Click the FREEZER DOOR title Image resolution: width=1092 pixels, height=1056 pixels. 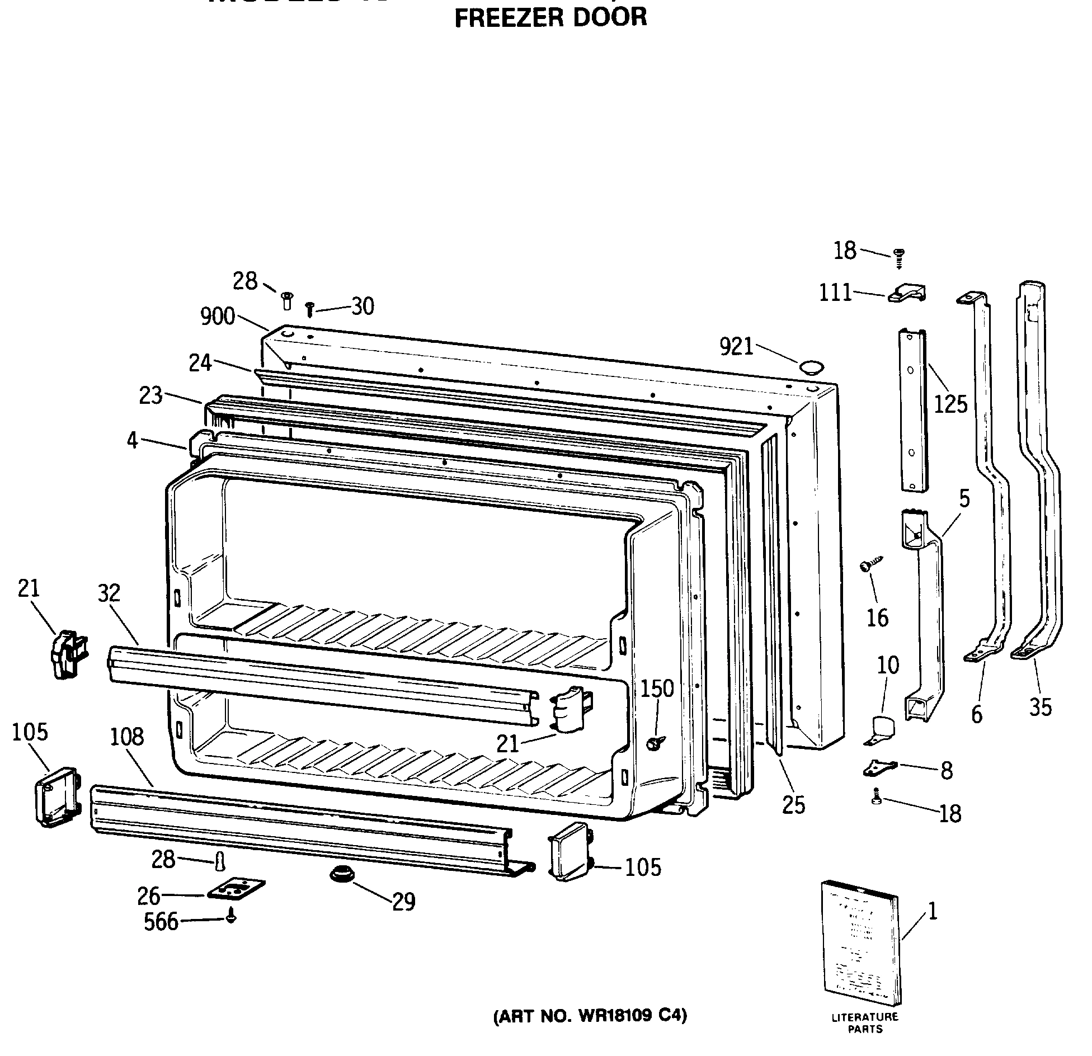(550, 17)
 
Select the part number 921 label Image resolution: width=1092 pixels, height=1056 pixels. (737, 347)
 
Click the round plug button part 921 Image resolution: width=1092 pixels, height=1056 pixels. (811, 367)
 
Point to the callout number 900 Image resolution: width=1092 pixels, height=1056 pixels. (218, 317)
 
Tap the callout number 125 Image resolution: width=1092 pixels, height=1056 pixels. (950, 404)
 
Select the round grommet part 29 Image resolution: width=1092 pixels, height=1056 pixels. (341, 873)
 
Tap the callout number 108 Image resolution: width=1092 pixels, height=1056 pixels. (127, 737)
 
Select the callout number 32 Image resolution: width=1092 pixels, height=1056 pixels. (109, 593)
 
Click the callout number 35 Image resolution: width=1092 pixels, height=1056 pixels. (1040, 708)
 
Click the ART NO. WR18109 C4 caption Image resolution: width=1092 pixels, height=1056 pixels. (590, 1016)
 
